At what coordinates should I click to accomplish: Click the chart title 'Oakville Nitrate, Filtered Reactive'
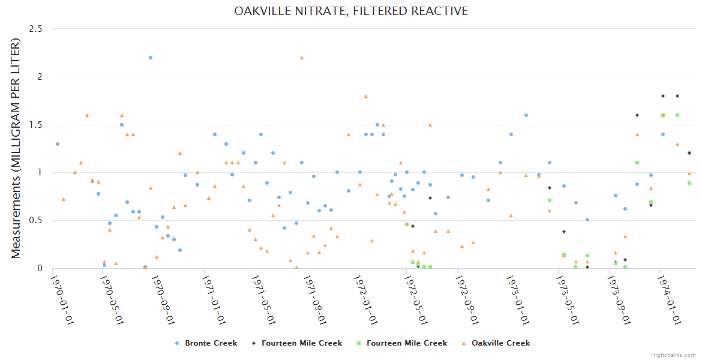(351, 11)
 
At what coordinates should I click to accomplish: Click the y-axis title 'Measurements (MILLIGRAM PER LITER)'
(16, 148)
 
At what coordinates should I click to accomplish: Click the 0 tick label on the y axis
(40, 268)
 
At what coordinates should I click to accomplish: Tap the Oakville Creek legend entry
(495, 343)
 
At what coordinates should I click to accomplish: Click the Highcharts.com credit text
(673, 355)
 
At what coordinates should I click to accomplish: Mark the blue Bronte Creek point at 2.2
(151, 58)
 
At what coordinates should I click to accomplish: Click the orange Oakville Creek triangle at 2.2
(302, 58)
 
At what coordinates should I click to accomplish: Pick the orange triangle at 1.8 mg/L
(366, 96)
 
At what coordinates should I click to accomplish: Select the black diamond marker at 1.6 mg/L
(637, 115)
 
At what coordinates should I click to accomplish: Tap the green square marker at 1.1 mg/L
(637, 163)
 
